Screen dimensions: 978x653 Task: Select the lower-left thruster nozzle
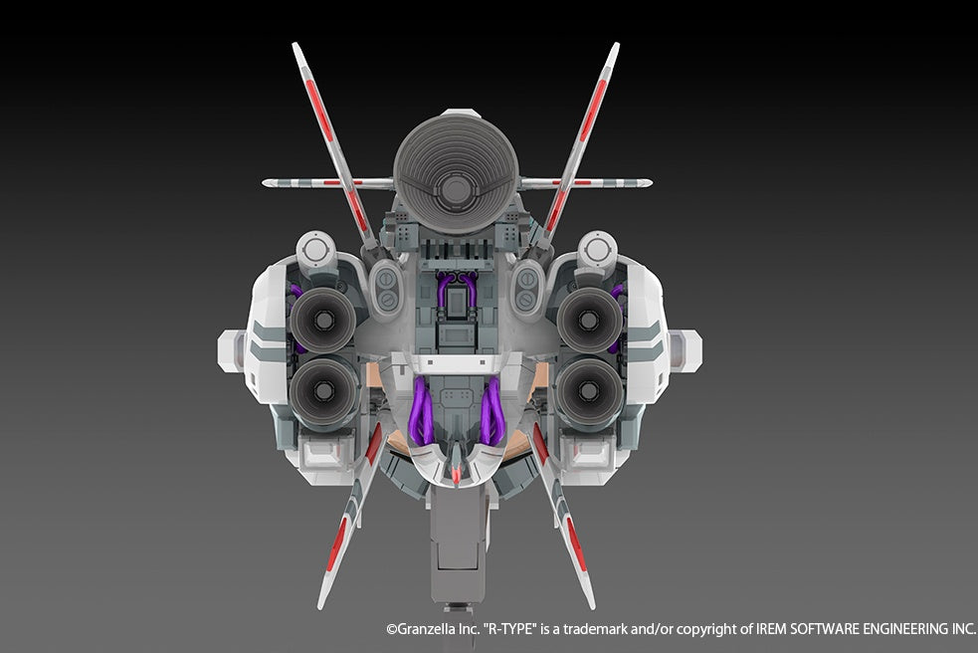tap(323, 391)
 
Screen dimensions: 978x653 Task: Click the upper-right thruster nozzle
tap(589, 320)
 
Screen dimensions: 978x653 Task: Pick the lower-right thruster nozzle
tap(588, 391)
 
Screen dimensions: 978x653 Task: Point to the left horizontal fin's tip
tap(264, 183)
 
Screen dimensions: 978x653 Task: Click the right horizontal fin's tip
tap(650, 183)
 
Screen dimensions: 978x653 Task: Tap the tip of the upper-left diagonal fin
tap(294, 45)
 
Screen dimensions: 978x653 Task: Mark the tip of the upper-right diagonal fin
tap(617, 45)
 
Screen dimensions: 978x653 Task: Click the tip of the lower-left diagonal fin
tap(320, 606)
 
